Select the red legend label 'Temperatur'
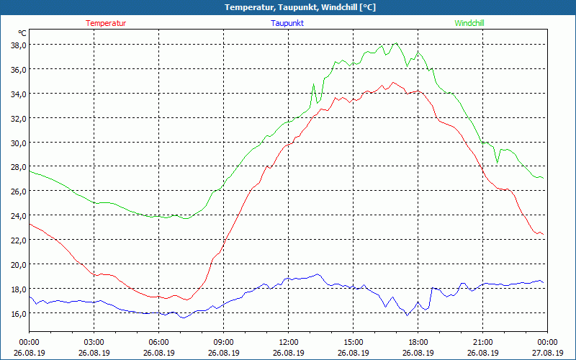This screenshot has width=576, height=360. tap(106, 23)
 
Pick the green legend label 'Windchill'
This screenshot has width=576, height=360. tap(469, 23)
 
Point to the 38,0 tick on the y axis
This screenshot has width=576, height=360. tap(18, 45)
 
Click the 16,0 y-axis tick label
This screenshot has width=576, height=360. tap(18, 313)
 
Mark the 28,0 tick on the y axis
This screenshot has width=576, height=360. tap(18, 167)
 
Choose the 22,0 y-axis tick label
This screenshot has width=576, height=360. tap(18, 240)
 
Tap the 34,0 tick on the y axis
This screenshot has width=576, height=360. tap(18, 94)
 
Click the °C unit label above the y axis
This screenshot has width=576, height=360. tap(22, 33)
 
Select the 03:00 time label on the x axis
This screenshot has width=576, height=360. tap(94, 342)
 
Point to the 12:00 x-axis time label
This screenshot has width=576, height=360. tap(288, 342)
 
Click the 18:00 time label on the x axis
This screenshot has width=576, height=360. tap(418, 342)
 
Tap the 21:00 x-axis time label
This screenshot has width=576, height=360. tap(482, 342)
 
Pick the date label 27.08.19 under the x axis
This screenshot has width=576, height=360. tap(547, 353)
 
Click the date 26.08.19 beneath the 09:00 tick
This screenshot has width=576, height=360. tap(223, 353)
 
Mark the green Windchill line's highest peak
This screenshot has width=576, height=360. tap(395, 43)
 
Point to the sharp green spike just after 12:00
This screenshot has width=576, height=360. tap(313, 84)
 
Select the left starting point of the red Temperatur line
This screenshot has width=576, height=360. tap(30, 224)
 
